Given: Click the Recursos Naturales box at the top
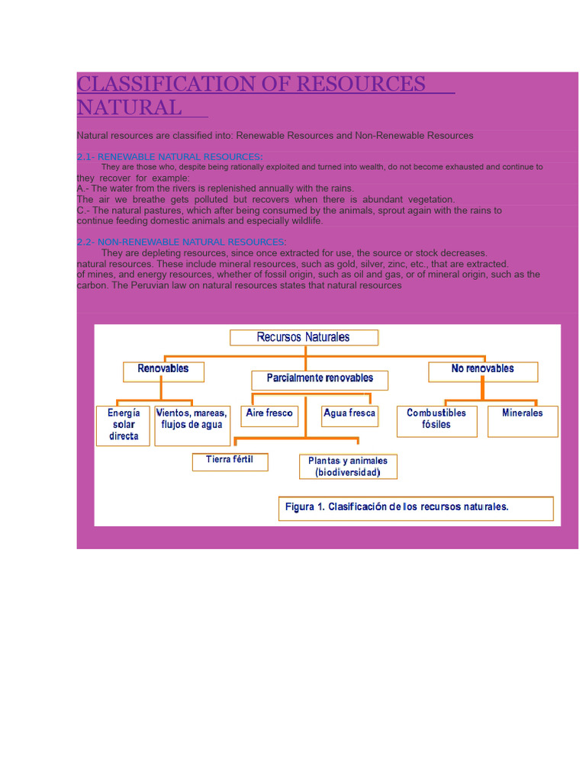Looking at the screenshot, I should tap(304, 337).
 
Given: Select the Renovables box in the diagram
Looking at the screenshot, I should tap(163, 370).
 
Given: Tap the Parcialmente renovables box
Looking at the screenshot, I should tap(320, 379).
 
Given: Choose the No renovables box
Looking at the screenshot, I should tap(483, 370).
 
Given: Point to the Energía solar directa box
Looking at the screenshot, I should tap(124, 425).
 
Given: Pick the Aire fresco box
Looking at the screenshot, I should tap(269, 414).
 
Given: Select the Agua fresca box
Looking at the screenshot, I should tap(349, 414).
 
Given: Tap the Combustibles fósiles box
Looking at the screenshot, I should tap(436, 419).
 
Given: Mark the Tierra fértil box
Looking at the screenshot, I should tap(230, 461).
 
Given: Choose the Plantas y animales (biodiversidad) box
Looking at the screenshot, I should tap(348, 466).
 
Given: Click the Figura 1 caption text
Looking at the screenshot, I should tap(397, 506).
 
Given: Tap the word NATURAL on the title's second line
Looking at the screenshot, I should tap(130, 108).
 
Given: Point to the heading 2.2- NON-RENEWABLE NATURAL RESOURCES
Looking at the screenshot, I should tap(182, 242).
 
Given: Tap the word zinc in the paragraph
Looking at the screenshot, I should tap(388, 264).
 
